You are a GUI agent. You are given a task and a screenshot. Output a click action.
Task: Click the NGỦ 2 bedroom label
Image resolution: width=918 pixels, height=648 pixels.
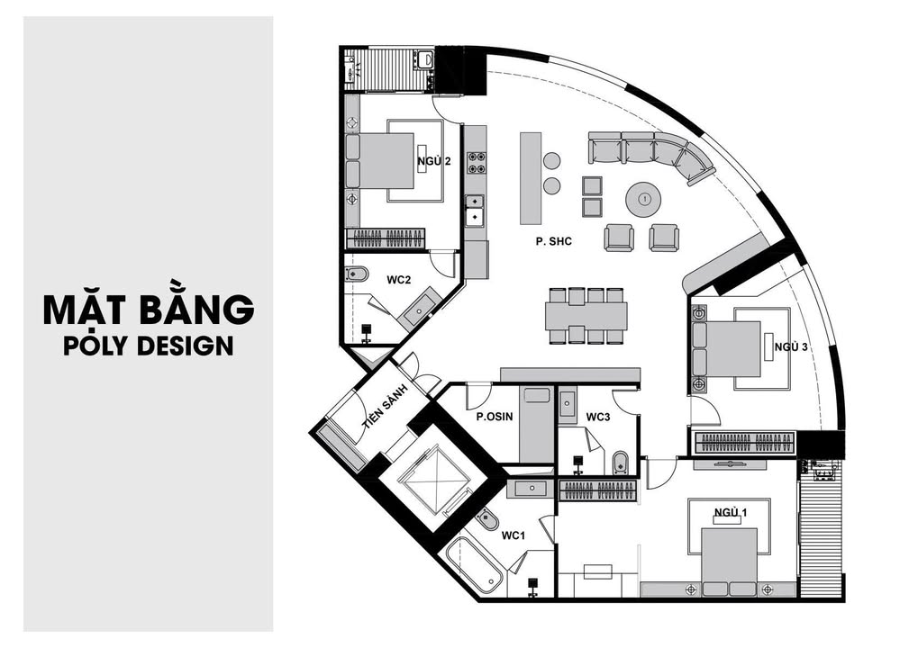click(433, 162)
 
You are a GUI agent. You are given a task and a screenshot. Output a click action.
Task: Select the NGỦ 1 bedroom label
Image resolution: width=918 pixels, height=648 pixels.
click(731, 513)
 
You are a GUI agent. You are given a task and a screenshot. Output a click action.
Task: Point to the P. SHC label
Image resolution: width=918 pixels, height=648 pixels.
click(553, 241)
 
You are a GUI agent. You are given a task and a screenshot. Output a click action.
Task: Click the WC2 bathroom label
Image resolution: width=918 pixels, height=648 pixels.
click(399, 280)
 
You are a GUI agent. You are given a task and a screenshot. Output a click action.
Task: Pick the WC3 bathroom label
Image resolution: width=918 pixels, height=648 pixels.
click(598, 417)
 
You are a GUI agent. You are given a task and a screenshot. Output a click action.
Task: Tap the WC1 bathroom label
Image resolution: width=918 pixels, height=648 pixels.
click(514, 535)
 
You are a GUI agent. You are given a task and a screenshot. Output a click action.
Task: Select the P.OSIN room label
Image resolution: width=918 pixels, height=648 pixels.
click(494, 417)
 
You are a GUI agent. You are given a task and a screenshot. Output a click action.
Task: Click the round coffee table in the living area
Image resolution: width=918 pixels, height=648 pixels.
click(643, 199)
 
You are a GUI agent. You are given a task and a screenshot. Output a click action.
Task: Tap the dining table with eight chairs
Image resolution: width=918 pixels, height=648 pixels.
click(586, 316)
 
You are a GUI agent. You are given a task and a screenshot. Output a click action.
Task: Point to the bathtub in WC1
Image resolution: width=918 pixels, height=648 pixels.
click(474, 564)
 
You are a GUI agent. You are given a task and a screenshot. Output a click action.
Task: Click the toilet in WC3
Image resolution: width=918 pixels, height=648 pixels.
click(620, 463)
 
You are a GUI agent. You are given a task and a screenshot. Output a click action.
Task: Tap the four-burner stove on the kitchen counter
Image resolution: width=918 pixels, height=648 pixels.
click(476, 163)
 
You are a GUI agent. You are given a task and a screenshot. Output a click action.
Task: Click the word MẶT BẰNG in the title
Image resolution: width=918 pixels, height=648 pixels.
click(149, 309)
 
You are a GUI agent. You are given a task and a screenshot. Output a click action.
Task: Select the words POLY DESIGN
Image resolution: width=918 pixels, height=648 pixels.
click(149, 346)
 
